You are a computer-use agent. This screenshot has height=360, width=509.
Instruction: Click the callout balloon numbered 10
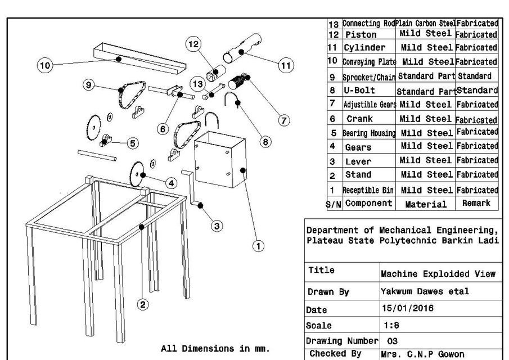tap(46, 65)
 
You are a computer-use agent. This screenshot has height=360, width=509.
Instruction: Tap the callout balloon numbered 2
tap(143, 304)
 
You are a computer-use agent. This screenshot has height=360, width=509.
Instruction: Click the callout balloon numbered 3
tap(217, 226)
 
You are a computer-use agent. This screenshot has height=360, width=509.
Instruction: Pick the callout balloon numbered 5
tap(133, 143)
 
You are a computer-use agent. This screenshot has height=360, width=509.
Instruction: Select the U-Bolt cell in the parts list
tap(359, 90)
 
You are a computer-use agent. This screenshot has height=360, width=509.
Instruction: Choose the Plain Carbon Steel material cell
tap(425, 24)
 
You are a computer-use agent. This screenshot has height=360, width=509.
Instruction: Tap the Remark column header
tap(476, 203)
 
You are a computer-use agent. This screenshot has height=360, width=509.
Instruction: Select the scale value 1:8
tap(392, 325)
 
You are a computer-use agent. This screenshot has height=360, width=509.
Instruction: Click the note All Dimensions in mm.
tap(215, 348)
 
